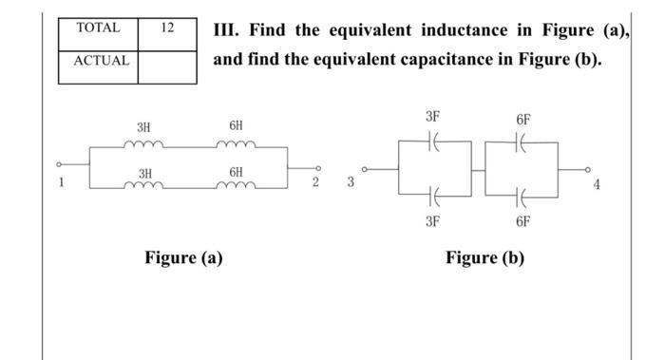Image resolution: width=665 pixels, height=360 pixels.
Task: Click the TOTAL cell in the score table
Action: point(98,28)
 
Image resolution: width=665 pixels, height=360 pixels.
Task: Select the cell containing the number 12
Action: point(167,28)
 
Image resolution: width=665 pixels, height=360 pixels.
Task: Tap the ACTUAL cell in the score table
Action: point(98,63)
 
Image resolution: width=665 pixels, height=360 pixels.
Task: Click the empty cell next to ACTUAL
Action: point(167,63)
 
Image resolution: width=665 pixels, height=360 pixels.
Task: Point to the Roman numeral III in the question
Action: point(226,29)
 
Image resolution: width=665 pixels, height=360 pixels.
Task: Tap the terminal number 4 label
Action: point(597,184)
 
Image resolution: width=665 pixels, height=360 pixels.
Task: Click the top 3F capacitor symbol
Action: point(433,140)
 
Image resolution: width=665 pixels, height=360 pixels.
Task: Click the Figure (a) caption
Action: point(183,256)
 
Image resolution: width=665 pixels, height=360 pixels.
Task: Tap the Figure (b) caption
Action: point(484,257)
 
